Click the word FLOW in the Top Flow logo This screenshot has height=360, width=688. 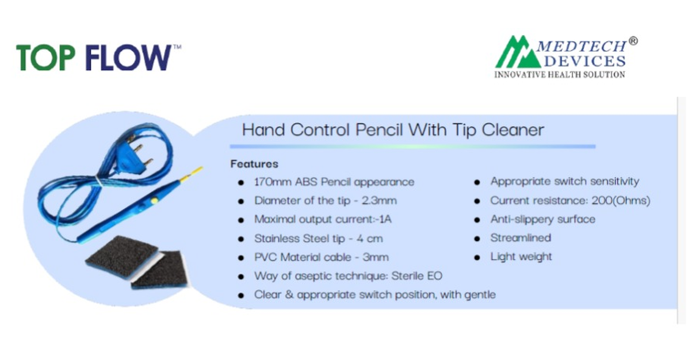coord(128,58)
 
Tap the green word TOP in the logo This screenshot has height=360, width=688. coord(45,58)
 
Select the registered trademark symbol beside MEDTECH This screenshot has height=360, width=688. coord(633,41)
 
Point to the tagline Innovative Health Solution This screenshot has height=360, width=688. coord(560,75)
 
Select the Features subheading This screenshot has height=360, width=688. coord(254,164)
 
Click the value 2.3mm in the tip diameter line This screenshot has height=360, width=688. coord(379,201)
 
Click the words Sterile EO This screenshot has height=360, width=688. coord(417,276)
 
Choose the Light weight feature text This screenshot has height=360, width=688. coord(521,257)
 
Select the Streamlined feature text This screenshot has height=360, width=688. coord(521,238)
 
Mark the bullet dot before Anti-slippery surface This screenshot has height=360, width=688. coord(477,220)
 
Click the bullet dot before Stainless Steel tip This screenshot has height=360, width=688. coord(241,239)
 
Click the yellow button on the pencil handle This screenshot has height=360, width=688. coord(154,200)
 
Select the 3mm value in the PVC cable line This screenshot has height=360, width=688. coord(376,258)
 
